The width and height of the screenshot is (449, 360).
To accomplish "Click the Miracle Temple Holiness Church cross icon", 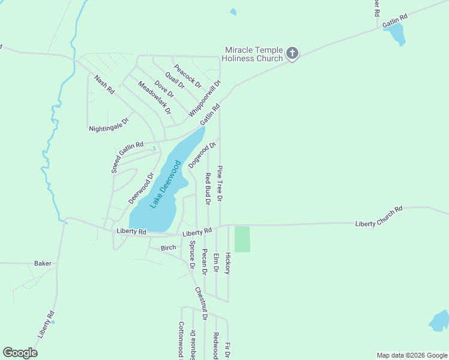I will coord(292,54).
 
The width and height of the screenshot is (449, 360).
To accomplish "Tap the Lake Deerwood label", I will coord(166,184).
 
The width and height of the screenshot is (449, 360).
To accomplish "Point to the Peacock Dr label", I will coord(187,75).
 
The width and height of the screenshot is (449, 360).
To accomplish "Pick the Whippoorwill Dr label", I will coord(205,98).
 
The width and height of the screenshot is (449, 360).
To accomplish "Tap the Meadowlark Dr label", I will coord(154,98).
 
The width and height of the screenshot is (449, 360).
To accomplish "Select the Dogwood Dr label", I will coord(202,155).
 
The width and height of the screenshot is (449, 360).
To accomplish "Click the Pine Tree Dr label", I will coord(220,183).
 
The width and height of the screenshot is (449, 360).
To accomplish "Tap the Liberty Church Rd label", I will coord(378,216).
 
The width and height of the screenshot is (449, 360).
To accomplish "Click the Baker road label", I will coord(43,263).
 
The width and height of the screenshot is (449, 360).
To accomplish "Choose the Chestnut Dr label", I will coord(200,303).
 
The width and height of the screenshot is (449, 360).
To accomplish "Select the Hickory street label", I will coord(228,263).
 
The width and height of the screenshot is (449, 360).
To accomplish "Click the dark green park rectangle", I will coord(242,239).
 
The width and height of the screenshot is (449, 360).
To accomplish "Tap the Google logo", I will coord(20,353).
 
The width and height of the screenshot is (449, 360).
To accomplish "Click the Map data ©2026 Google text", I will coord(411,355).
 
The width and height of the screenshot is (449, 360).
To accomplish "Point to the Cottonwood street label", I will coord(181,339).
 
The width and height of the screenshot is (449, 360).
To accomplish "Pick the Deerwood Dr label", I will coord(137,189).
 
